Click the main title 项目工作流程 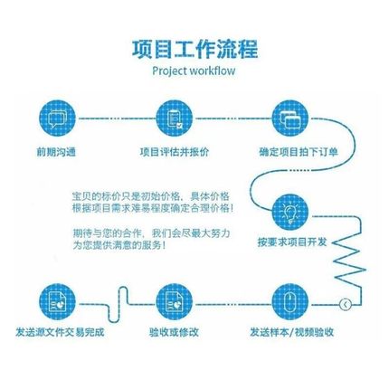pos(194,48)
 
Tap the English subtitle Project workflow pos(194,71)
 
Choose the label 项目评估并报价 pos(175,153)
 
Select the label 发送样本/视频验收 pos(291,333)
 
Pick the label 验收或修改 pos(175,333)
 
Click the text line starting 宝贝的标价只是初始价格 pos(150,195)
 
